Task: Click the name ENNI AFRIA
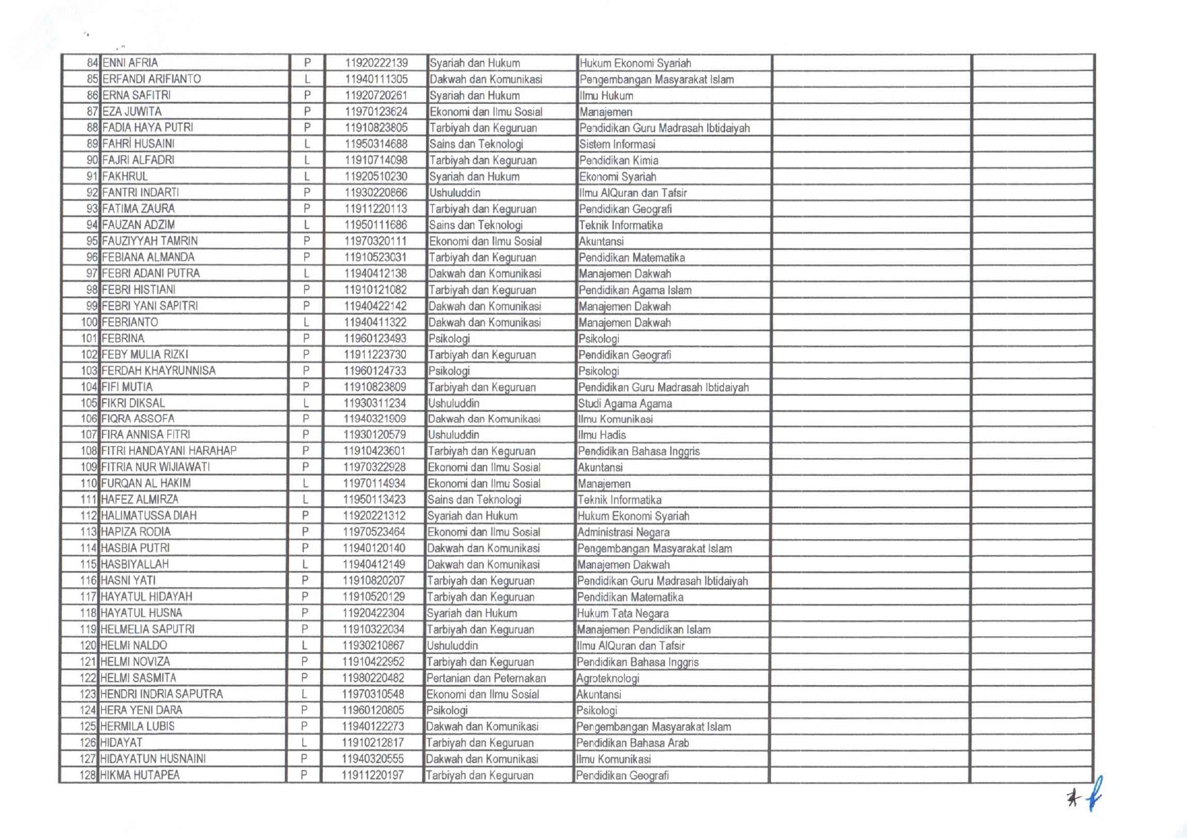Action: [130, 63]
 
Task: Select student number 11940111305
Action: [376, 79]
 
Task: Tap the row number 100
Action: [89, 322]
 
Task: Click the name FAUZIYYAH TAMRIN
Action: [149, 241]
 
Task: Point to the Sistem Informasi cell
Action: [617, 144]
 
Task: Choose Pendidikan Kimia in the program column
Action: [619, 160]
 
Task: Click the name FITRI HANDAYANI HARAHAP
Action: [169, 451]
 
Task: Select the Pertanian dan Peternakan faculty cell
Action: [486, 678]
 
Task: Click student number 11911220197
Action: [372, 775]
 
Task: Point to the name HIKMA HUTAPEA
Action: [140, 775]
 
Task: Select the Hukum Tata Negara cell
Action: [622, 614]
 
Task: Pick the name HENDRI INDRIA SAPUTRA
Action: [161, 694]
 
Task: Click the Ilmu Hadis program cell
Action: [601, 435]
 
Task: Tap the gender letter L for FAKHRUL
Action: [307, 176]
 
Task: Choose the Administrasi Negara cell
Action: [623, 532]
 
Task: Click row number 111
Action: [89, 500]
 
